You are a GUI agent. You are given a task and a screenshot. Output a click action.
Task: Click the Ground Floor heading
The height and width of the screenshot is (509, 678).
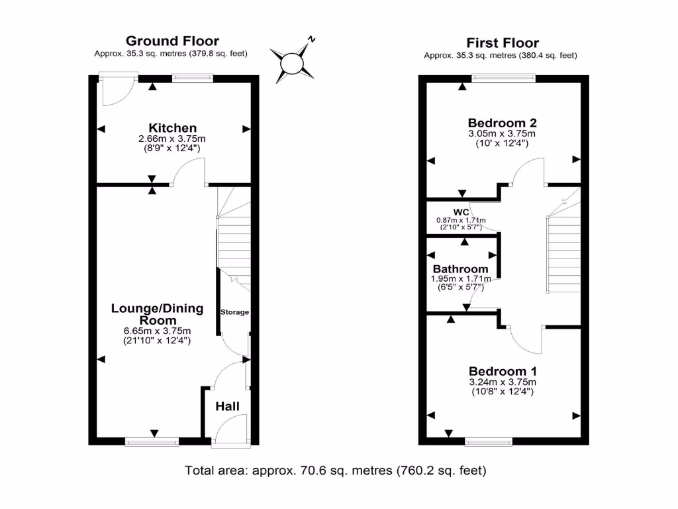tap(172, 41)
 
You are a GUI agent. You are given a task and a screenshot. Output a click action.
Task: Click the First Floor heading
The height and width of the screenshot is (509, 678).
tap(503, 43)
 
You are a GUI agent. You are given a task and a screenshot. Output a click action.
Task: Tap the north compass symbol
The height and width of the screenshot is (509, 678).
tap(292, 63)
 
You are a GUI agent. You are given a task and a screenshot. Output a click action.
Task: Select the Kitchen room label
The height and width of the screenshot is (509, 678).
tap(172, 128)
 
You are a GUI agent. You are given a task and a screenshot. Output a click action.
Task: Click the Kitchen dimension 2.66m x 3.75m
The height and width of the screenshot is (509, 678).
tap(172, 139)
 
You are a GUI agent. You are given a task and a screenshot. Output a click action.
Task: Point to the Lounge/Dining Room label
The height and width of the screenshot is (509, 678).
tap(157, 314)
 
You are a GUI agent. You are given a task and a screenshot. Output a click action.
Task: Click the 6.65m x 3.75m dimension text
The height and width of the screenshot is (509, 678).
tap(157, 331)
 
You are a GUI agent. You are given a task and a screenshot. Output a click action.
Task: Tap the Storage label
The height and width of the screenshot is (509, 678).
tap(234, 312)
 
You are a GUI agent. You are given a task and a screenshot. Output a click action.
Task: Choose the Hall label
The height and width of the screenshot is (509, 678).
tap(227, 406)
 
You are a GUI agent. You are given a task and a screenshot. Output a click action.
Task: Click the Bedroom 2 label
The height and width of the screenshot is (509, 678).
tap(502, 123)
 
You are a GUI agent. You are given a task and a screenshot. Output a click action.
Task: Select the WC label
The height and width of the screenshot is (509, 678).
tap(461, 211)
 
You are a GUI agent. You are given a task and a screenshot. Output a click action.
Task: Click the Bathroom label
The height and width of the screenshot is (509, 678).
tap(460, 269)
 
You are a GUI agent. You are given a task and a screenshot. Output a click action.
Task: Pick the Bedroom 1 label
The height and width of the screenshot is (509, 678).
tap(503, 371)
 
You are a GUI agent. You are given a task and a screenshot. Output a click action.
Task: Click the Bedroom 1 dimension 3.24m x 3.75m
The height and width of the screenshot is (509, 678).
tap(503, 382)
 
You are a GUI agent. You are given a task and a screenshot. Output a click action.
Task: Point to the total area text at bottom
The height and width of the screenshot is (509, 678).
tap(336, 471)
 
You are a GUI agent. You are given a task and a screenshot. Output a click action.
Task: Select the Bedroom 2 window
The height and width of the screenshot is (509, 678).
tap(503, 78)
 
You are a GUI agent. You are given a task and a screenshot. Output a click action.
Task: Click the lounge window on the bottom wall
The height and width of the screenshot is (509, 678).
tap(152, 440)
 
